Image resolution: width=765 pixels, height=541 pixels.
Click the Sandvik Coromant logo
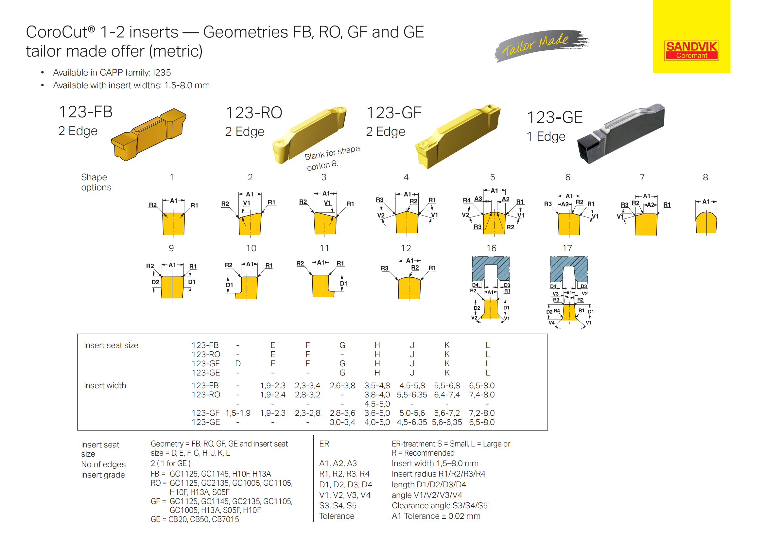coord(691,51)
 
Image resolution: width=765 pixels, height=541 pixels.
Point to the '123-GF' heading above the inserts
coord(394,113)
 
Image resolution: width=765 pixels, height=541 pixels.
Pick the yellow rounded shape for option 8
coord(706,222)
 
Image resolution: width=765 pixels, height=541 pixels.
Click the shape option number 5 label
coord(492,177)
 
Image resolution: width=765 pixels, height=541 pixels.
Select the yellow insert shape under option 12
coord(409,288)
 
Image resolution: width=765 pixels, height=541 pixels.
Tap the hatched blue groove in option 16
coord(491,269)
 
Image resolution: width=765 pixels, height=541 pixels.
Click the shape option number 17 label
coord(567,248)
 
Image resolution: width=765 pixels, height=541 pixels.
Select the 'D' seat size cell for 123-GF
coord(237,363)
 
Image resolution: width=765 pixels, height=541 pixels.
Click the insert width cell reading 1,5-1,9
coord(238,413)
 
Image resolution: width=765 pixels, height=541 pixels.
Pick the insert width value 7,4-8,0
coord(481,395)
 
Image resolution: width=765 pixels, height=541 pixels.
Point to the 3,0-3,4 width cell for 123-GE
coord(342,422)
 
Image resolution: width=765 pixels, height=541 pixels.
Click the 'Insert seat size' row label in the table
coord(111,345)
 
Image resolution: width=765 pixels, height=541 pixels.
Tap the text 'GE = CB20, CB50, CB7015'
coord(195,519)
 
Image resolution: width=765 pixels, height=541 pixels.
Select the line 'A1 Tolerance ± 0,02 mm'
coord(436,516)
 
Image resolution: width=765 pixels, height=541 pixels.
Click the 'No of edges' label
coord(103,464)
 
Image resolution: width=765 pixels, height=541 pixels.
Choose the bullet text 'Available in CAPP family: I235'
coord(112,73)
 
